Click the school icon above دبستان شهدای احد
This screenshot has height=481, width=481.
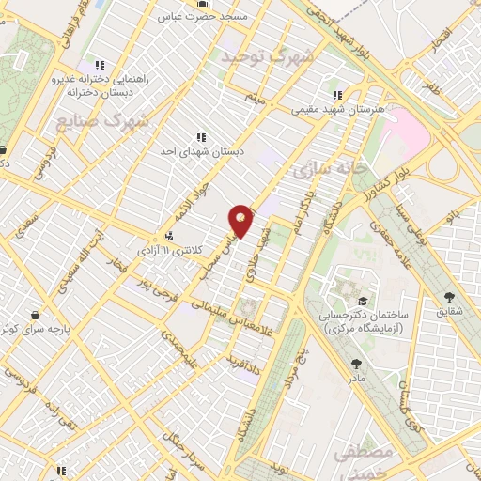(x=201, y=138)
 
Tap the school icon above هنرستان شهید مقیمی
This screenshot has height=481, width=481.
(x=337, y=95)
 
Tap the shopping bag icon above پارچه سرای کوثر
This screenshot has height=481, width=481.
(x=35, y=314)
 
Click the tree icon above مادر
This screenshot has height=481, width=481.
(x=354, y=364)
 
